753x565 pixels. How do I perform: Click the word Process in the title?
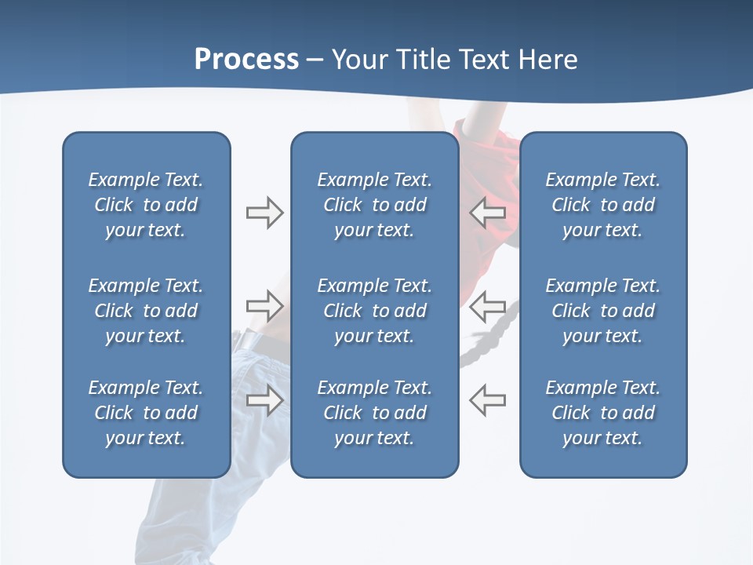pos(246,60)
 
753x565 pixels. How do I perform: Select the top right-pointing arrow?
pos(264,212)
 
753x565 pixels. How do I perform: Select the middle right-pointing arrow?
pos(264,305)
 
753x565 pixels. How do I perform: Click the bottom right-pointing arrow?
pos(264,399)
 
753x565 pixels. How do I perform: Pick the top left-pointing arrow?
pos(487,212)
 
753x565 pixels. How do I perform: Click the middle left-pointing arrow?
pos(487,305)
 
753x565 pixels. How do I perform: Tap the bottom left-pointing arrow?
pos(487,399)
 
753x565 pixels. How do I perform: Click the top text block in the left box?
pos(146,205)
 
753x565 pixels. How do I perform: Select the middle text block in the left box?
pos(146,311)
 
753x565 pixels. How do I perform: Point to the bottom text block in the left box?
pos(146,413)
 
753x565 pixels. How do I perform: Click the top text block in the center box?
pos(374,205)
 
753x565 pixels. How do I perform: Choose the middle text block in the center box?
pos(374,311)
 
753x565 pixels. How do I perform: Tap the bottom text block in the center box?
pos(374,413)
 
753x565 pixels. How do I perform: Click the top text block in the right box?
pos(603,205)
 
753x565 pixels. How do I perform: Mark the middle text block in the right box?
pos(603,311)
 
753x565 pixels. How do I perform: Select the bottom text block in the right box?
pos(603,413)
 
